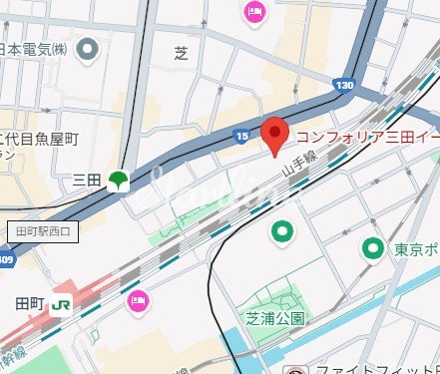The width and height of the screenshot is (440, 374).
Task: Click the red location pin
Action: (x=275, y=136)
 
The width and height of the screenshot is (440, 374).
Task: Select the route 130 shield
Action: (x=345, y=86)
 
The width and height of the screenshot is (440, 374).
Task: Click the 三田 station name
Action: (x=89, y=181)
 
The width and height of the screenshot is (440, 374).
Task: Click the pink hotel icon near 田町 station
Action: (x=137, y=300)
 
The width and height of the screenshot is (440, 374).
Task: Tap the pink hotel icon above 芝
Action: (x=255, y=13)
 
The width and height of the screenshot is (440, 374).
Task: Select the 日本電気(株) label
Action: (x=34, y=47)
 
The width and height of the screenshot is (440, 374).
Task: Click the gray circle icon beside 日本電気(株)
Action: (x=89, y=47)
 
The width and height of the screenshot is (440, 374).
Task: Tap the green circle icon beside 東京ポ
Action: (x=373, y=248)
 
